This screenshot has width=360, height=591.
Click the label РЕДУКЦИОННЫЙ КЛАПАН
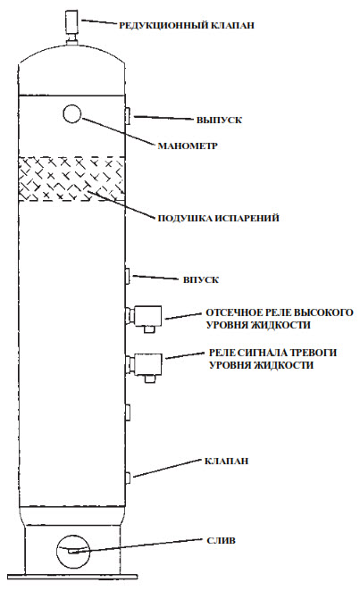click(187, 25)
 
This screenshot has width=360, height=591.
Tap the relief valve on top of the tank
click(71, 27)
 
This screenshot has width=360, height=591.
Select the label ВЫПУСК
click(219, 121)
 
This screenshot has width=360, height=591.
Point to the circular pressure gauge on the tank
click(72, 113)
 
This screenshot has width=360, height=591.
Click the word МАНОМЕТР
click(188, 146)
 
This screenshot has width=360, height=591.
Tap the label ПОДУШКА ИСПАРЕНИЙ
click(218, 218)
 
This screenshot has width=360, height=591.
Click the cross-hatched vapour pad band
click(71, 179)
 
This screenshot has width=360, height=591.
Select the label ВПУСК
click(201, 280)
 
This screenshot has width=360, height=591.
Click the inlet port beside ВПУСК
click(128, 275)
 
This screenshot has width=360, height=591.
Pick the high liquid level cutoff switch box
click(145, 317)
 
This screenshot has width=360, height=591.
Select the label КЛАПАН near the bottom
click(226, 461)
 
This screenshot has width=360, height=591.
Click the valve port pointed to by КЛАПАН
click(128, 478)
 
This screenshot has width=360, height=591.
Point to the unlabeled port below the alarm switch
click(128, 412)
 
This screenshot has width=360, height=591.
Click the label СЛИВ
click(222, 540)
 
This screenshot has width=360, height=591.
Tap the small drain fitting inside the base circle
click(73, 552)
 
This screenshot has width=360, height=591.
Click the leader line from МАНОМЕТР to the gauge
click(117, 131)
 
